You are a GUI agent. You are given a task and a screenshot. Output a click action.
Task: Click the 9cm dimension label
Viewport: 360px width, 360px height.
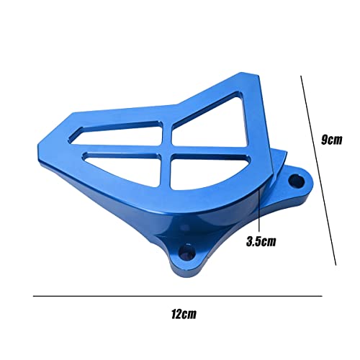(331, 140)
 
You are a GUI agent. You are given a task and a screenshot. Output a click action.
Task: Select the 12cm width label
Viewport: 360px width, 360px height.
(184, 315)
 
